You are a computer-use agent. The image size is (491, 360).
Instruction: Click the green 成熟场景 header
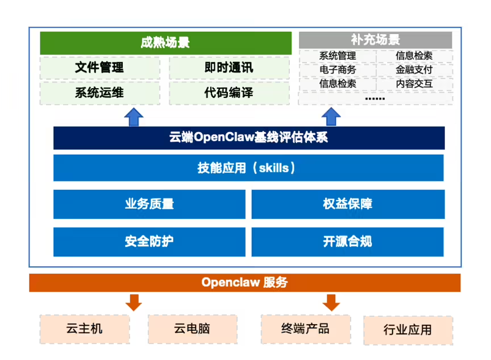tap(164, 43)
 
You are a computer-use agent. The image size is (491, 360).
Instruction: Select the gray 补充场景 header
tap(375, 40)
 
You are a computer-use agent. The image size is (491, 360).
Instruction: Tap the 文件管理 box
tap(99, 68)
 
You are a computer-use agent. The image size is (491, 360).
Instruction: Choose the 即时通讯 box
tap(228, 68)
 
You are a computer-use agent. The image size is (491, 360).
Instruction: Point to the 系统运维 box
tap(99, 93)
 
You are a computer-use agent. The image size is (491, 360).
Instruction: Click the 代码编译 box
tap(228, 93)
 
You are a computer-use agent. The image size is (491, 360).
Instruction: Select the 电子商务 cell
tap(338, 70)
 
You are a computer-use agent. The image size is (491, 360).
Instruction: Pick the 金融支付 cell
tap(414, 70)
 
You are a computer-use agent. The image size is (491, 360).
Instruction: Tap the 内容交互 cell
tap(414, 84)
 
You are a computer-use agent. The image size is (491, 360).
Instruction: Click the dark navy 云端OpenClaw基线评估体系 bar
tap(248, 138)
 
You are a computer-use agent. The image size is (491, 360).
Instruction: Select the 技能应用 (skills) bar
tap(248, 168)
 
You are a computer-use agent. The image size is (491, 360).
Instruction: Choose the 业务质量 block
tap(149, 204)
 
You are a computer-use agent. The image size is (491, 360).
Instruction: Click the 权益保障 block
tap(347, 204)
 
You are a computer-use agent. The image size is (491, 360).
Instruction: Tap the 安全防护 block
tap(149, 241)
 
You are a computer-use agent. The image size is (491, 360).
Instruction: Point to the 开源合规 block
tap(347, 241)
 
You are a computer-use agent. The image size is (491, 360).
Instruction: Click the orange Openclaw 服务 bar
tap(245, 283)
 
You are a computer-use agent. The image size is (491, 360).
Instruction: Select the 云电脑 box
tap(192, 329)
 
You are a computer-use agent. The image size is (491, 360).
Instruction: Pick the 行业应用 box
tap(407, 330)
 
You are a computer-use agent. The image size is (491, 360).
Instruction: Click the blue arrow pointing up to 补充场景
tap(330, 116)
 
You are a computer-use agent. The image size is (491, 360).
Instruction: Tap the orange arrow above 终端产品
tap(331, 302)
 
